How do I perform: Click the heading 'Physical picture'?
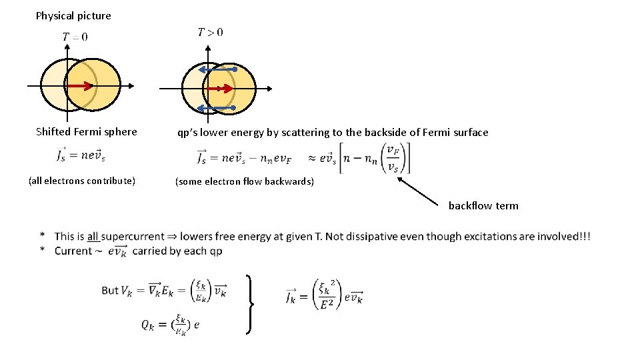pyautogui.click(x=73, y=15)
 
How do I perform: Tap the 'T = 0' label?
pyautogui.click(x=75, y=37)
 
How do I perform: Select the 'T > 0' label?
pyautogui.click(x=211, y=32)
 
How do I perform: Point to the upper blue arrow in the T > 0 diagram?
pyautogui.click(x=218, y=69)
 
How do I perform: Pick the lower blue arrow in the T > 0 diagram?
pyautogui.click(x=218, y=107)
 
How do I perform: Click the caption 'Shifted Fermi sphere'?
pyautogui.click(x=86, y=132)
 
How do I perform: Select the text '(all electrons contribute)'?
pyautogui.click(x=82, y=181)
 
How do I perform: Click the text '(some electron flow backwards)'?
pyautogui.click(x=244, y=181)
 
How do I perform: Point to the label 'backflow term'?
pyautogui.click(x=483, y=205)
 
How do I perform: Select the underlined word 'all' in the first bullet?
pyautogui.click(x=93, y=236)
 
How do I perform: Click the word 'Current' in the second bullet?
pyautogui.click(x=73, y=251)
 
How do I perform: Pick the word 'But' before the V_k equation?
pyautogui.click(x=110, y=290)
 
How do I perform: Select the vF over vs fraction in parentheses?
pyautogui.click(x=393, y=159)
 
